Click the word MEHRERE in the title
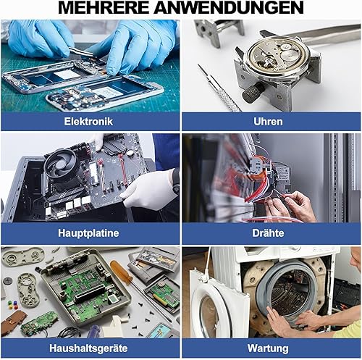[x=104, y=8]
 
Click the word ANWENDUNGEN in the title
[x=230, y=8]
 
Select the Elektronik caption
[x=88, y=121]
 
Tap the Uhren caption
[x=268, y=122]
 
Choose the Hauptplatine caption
[x=88, y=233]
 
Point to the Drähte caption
[x=268, y=233]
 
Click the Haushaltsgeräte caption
[x=88, y=348]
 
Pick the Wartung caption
[x=268, y=348]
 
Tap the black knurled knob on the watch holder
[x=253, y=93]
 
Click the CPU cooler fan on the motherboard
[x=60, y=164]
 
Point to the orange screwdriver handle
[x=121, y=272]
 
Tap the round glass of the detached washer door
[x=209, y=316]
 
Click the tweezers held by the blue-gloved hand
[x=81, y=52]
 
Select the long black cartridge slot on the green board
[x=90, y=293]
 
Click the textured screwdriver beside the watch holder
[x=219, y=88]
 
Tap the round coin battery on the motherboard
[x=130, y=153]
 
